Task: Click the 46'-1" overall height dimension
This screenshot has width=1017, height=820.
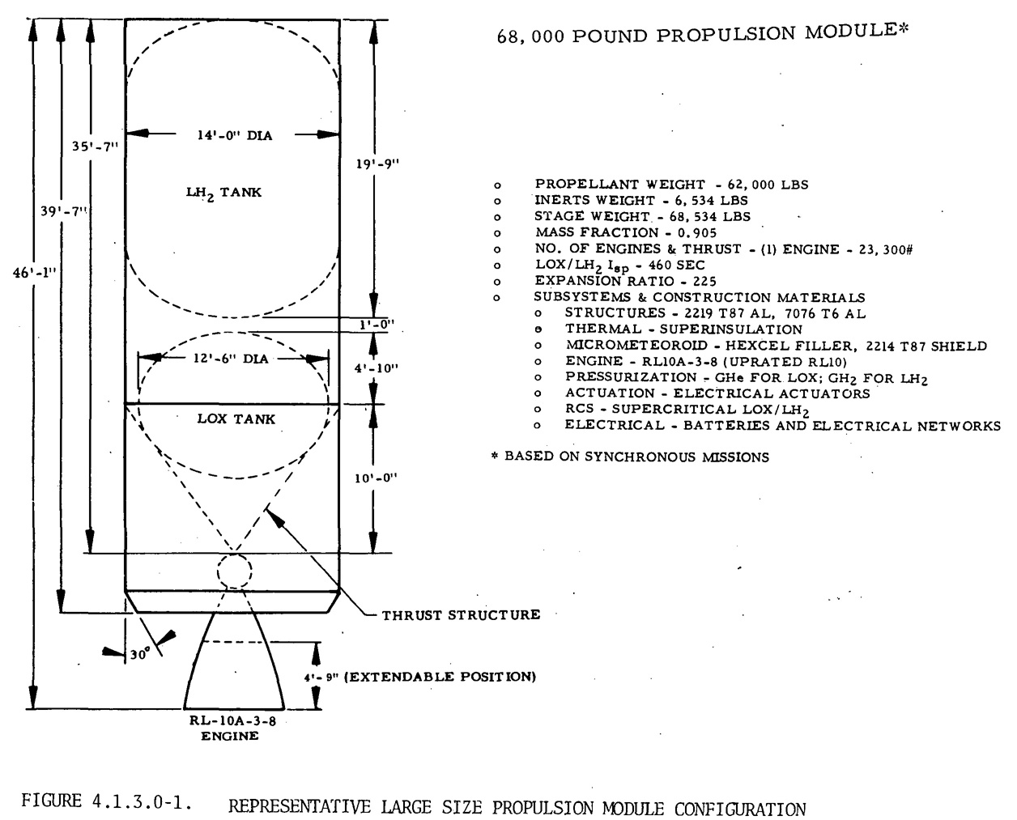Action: pyautogui.click(x=35, y=273)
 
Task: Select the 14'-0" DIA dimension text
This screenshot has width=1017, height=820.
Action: pyautogui.click(x=235, y=136)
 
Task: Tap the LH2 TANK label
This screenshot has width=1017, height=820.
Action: pyautogui.click(x=223, y=193)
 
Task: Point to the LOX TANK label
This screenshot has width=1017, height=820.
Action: pyautogui.click(x=236, y=418)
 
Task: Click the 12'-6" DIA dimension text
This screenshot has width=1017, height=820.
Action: pyautogui.click(x=231, y=359)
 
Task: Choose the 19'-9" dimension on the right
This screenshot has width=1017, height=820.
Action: pyautogui.click(x=377, y=164)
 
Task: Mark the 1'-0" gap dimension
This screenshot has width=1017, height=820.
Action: pyautogui.click(x=377, y=325)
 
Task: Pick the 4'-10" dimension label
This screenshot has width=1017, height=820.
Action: pyautogui.click(x=377, y=368)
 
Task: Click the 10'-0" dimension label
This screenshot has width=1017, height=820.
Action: pyautogui.click(x=376, y=478)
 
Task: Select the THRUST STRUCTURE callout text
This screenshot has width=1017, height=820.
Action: pyautogui.click(x=461, y=615)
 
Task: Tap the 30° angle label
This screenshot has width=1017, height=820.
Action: pyautogui.click(x=139, y=654)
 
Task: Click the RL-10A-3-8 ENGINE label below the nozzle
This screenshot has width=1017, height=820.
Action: pyautogui.click(x=232, y=729)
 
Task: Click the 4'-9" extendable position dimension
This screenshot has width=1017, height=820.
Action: pyautogui.click(x=419, y=677)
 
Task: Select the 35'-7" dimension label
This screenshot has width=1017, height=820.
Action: pyautogui.click(x=95, y=146)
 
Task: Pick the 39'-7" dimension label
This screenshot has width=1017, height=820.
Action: pyautogui.click(x=64, y=210)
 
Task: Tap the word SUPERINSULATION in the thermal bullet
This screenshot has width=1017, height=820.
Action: pyautogui.click(x=731, y=329)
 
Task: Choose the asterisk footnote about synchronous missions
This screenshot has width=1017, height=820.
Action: pyautogui.click(x=631, y=457)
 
